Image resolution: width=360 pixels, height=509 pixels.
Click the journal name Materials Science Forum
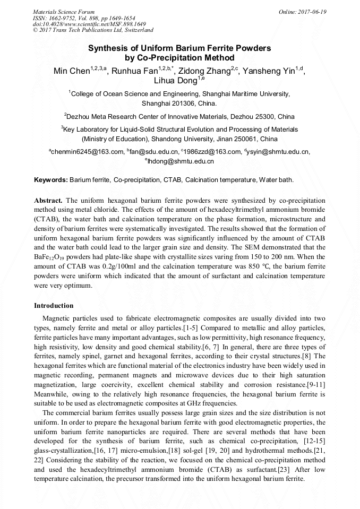(64, 12)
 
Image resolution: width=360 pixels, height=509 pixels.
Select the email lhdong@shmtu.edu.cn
(181, 161)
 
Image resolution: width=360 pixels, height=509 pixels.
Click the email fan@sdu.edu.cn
(153, 152)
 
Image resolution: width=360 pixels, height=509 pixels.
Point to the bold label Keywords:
(51, 180)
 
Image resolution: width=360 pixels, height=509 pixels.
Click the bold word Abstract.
(48, 201)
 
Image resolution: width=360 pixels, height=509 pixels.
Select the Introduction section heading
(54, 306)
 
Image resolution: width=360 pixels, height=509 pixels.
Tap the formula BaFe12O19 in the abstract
(49, 256)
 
